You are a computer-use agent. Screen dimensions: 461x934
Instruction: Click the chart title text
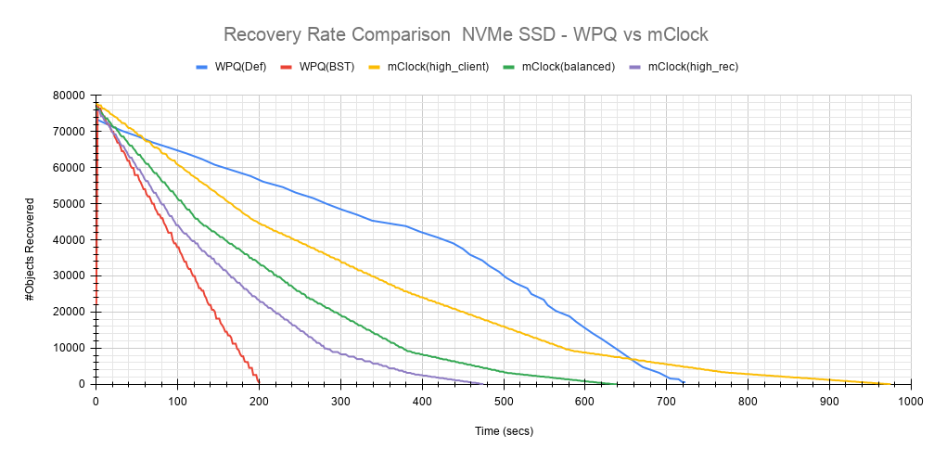coord(466,35)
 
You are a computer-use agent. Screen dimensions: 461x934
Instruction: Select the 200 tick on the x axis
coord(259,401)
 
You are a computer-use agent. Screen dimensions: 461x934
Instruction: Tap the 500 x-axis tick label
coord(504,401)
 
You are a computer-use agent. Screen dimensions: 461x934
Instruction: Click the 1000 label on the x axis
coord(910,401)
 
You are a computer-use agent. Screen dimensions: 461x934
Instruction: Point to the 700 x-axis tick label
coord(667,401)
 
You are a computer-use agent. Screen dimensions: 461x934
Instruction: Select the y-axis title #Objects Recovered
coord(31,238)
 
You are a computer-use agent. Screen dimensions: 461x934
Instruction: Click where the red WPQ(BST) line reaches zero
coord(259,383)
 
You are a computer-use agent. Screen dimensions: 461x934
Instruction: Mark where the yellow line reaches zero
coord(890,383)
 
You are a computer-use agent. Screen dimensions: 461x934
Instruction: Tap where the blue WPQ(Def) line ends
coord(684,382)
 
